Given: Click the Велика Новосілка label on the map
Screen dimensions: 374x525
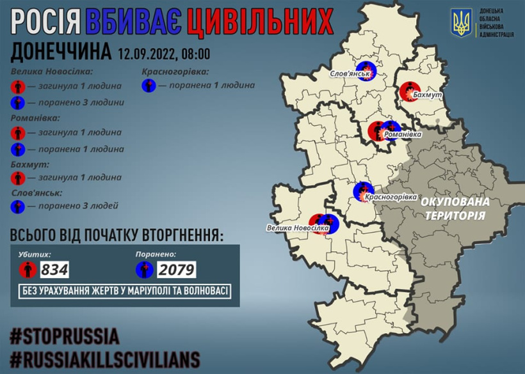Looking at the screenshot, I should [299, 228].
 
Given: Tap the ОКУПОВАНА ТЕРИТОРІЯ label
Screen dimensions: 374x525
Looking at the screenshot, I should [455, 208].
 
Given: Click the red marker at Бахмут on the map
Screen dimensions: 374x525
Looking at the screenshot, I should [408, 91].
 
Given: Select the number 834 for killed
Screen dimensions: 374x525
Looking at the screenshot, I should [54, 269].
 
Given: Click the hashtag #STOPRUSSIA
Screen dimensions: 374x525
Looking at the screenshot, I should [65, 336].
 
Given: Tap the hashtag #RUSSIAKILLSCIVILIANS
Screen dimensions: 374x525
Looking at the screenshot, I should [105, 358].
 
